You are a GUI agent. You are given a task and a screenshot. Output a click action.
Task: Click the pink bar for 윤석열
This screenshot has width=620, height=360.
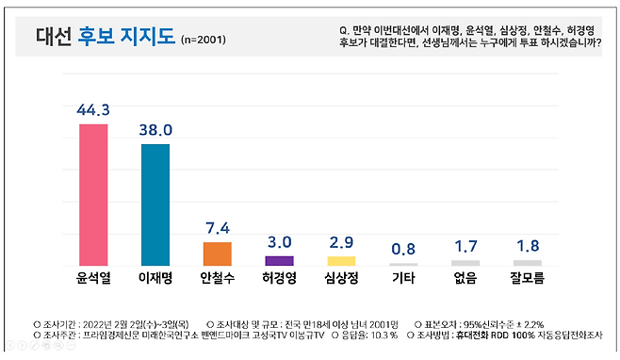pos(92,194)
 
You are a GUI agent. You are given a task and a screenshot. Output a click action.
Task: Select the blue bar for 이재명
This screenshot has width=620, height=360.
pos(155,205)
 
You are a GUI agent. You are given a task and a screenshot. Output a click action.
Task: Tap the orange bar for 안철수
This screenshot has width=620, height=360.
pos(217,254)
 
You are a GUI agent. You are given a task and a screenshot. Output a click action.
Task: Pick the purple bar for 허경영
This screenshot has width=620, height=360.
pos(279,261)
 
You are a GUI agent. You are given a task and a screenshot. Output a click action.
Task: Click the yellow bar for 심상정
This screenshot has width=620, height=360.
pos(341,261)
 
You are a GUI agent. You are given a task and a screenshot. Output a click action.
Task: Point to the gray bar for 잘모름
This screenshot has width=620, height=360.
pos(527,263)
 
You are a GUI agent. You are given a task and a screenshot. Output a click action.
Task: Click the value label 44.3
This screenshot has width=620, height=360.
pos(93,110)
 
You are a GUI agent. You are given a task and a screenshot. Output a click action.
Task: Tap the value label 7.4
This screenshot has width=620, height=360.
pos(217,229)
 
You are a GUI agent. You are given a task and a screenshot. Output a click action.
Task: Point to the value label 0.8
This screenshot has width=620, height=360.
pos(402,249)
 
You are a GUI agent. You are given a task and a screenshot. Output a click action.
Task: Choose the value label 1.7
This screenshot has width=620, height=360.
pos(465,247)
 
